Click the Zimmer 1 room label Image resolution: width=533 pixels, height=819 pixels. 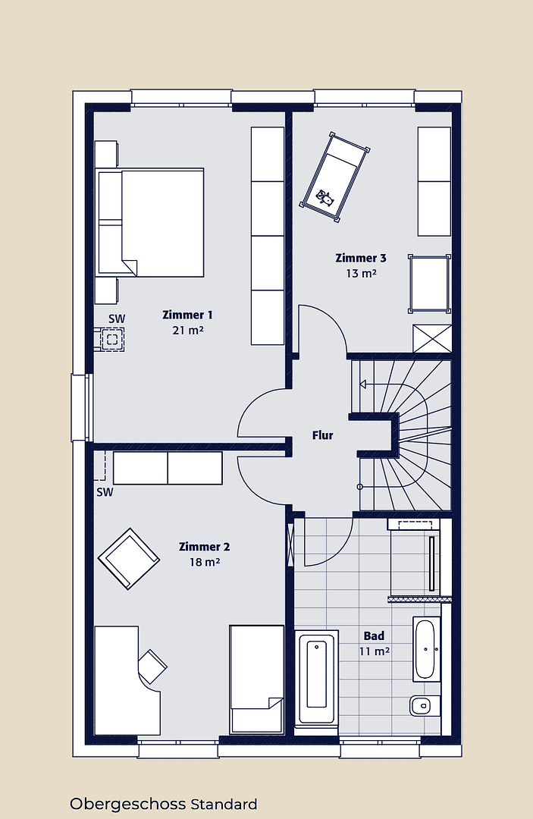187,315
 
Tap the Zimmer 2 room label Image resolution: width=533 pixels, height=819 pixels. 204,547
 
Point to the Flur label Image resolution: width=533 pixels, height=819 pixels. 323,435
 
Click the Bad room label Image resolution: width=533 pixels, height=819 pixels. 374,635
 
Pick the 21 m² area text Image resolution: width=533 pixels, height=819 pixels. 187,331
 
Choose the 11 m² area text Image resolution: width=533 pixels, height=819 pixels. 374,651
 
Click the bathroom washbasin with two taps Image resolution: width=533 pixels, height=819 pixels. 425,648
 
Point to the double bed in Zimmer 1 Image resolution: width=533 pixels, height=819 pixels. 152,222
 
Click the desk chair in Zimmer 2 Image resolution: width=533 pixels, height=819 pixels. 152,665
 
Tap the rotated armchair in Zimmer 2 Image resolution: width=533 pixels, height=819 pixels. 129,558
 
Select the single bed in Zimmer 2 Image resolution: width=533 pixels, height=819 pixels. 256,679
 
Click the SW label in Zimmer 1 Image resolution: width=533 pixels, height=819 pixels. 116,318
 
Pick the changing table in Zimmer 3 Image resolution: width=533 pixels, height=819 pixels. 430,284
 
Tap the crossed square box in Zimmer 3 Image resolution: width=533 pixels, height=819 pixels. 431,337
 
